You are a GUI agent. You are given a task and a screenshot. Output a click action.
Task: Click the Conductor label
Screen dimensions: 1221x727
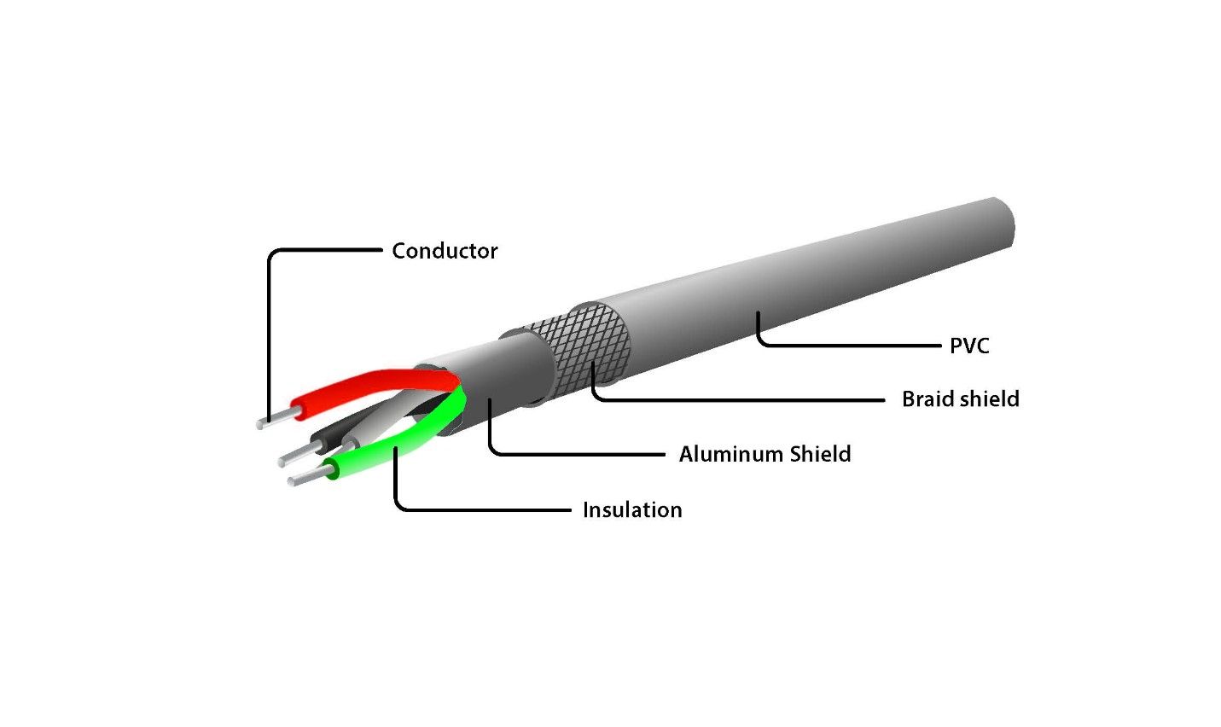pyautogui.click(x=445, y=251)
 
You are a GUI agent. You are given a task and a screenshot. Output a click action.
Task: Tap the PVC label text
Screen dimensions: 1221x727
pyautogui.click(x=969, y=346)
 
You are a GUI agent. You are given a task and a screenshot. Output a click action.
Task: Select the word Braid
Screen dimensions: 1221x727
pyautogui.click(x=927, y=399)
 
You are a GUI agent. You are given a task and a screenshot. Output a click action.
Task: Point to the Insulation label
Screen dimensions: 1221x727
pyautogui.click(x=632, y=510)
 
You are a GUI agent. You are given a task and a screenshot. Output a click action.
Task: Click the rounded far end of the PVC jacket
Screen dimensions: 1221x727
pyautogui.click(x=1004, y=224)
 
